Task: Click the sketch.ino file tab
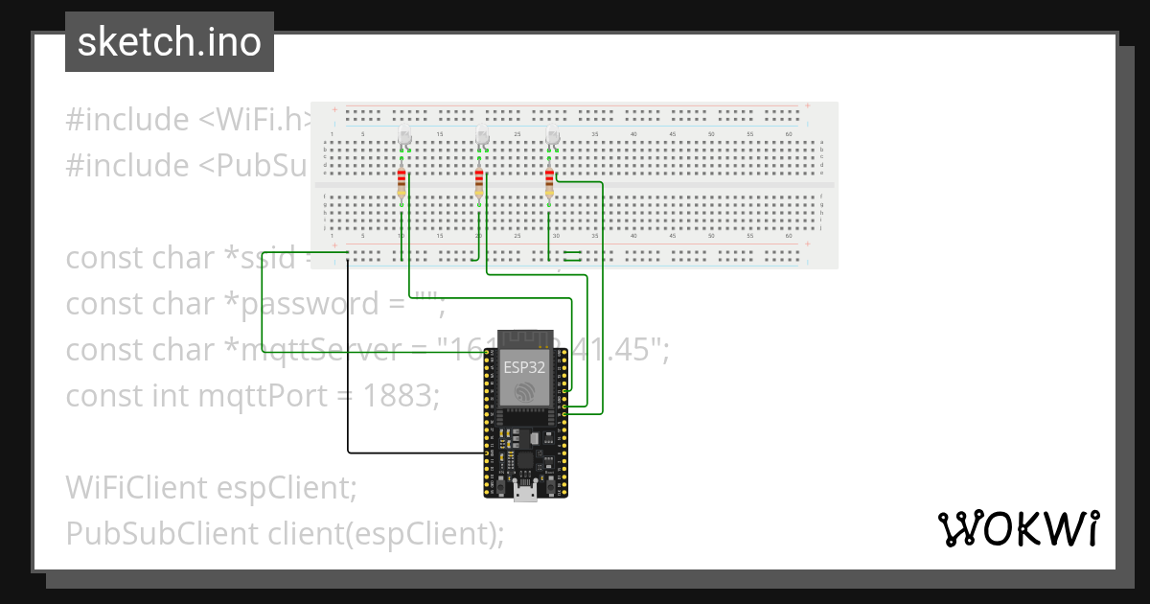[x=169, y=42]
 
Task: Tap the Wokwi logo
[x=1017, y=528]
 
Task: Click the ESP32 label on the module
[x=525, y=365]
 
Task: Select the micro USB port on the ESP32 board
[x=525, y=493]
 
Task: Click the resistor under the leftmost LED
[x=401, y=182]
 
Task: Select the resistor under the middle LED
[x=478, y=182]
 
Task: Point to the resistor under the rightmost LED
[x=549, y=182]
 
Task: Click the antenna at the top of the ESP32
[x=525, y=339]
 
